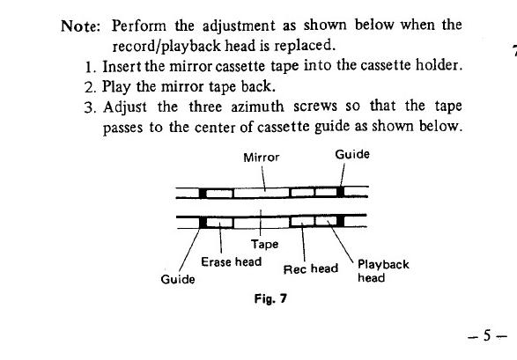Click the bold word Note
coord(80,26)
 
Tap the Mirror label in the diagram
coord(261,158)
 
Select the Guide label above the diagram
coord(352,154)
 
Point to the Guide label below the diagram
coord(178,279)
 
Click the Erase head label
coord(231,261)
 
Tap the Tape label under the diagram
coord(264,245)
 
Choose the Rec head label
coord(311,268)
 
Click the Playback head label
coord(383,271)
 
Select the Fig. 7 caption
coord(270,298)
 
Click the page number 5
coord(487,335)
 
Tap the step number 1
coord(89,67)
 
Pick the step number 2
coord(90,88)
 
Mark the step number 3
coord(90,107)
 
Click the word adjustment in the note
coord(239,26)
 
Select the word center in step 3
coord(215,127)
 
